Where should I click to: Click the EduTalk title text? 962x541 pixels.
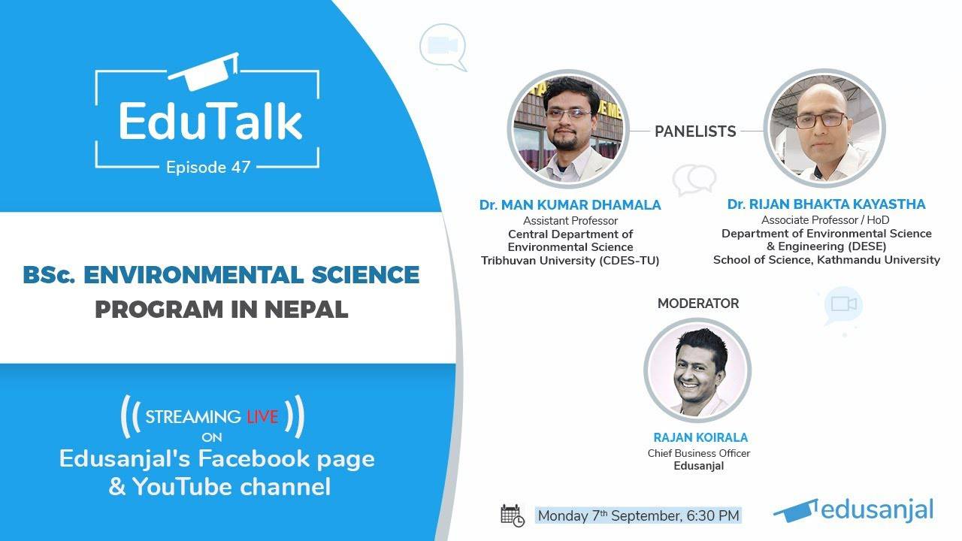click(x=210, y=121)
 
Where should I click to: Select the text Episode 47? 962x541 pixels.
click(x=207, y=167)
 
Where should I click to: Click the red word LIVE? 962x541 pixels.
click(x=262, y=416)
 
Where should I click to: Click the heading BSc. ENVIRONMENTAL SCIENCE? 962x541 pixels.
click(x=221, y=275)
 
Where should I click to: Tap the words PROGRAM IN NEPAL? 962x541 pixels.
click(x=221, y=309)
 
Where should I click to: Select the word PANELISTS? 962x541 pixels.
click(x=695, y=131)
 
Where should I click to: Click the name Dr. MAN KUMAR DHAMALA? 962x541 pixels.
click(x=570, y=204)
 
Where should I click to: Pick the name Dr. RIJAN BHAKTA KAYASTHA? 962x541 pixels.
click(x=826, y=204)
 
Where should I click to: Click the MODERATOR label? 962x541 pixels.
click(x=698, y=304)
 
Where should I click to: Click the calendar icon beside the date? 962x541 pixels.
click(x=512, y=515)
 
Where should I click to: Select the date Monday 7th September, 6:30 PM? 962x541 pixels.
click(x=638, y=515)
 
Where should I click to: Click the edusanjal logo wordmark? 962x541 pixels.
click(x=876, y=509)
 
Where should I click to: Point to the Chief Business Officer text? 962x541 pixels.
click(x=699, y=453)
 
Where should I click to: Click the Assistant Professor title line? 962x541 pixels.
click(x=570, y=221)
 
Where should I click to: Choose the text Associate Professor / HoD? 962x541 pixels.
click(x=826, y=220)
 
